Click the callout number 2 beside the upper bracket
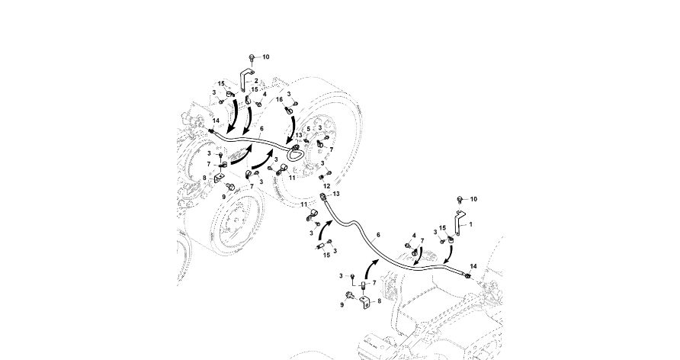pos(256,80)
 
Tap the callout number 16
pos(280,100)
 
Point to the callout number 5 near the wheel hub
pos(308,129)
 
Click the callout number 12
pos(326,185)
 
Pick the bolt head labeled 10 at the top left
pos(252,57)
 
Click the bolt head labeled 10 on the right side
pos(460,199)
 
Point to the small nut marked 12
pos(321,177)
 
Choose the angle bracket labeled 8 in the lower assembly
pos(365,303)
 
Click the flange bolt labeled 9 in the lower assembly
pos(350,296)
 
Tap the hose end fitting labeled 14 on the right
pos(466,274)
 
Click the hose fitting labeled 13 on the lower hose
pos(326,198)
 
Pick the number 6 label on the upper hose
pos(261,129)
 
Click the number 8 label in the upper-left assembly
pos(204,179)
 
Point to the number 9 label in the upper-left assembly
pos(223,197)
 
